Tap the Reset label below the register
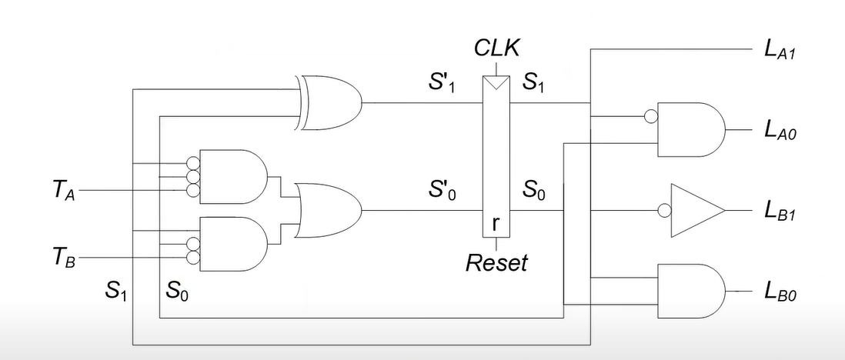496,262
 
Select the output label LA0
779,132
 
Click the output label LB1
779,212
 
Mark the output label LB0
779,292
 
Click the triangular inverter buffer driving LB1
696,211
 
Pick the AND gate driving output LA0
690,130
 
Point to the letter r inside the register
496,224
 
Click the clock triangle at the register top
496,82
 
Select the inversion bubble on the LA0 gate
651,118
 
